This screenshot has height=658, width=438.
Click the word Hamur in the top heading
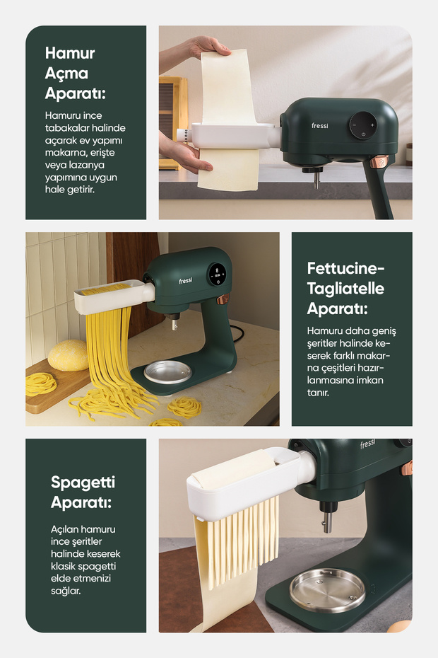[69, 53]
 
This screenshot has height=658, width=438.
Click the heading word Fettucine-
[345, 268]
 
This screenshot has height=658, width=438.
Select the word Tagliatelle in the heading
[345, 289]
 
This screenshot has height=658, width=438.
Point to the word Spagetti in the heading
[83, 483]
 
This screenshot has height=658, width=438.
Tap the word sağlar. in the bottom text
[66, 591]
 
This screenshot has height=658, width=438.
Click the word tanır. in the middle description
[318, 393]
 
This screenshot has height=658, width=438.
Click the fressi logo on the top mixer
[320, 125]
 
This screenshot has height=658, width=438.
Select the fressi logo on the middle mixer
[185, 280]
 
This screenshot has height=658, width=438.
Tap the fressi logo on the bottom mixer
[367, 444]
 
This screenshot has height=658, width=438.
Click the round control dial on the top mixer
[363, 125]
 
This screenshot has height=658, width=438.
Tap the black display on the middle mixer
[217, 275]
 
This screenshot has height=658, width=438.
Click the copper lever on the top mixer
[379, 161]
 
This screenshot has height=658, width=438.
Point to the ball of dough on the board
[69, 355]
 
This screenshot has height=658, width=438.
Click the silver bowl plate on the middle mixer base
[167, 371]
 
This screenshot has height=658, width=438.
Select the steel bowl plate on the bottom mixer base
[327, 590]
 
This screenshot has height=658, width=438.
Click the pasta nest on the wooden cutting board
[41, 383]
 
